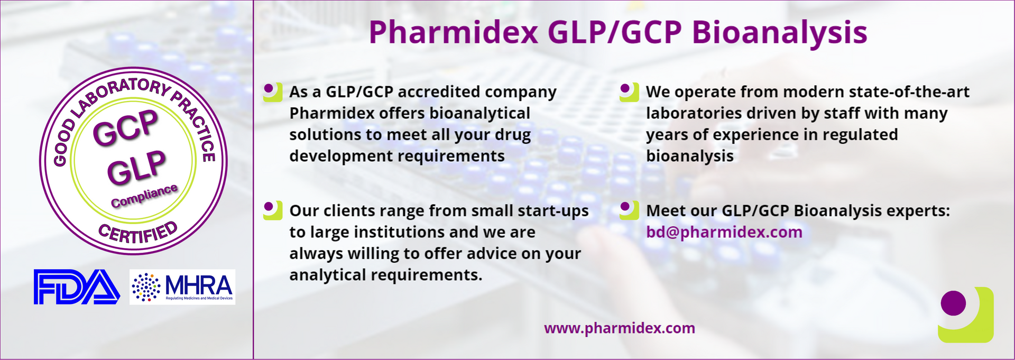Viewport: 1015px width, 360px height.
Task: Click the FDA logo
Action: coord(77,287)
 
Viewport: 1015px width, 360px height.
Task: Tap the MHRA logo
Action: coord(182,287)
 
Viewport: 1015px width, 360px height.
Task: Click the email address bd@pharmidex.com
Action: coord(724,233)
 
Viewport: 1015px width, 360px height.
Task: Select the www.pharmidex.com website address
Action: coord(620,328)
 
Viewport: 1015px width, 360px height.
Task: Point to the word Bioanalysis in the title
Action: coord(780,33)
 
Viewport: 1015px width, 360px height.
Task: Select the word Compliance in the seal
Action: coord(144,196)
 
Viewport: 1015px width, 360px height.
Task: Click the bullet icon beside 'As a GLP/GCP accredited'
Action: coord(273,92)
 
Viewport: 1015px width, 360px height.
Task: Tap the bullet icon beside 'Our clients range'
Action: coord(273,210)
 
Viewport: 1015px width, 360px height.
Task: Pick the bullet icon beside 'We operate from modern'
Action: coord(629,92)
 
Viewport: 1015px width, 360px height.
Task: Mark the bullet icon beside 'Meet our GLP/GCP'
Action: coord(629,210)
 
